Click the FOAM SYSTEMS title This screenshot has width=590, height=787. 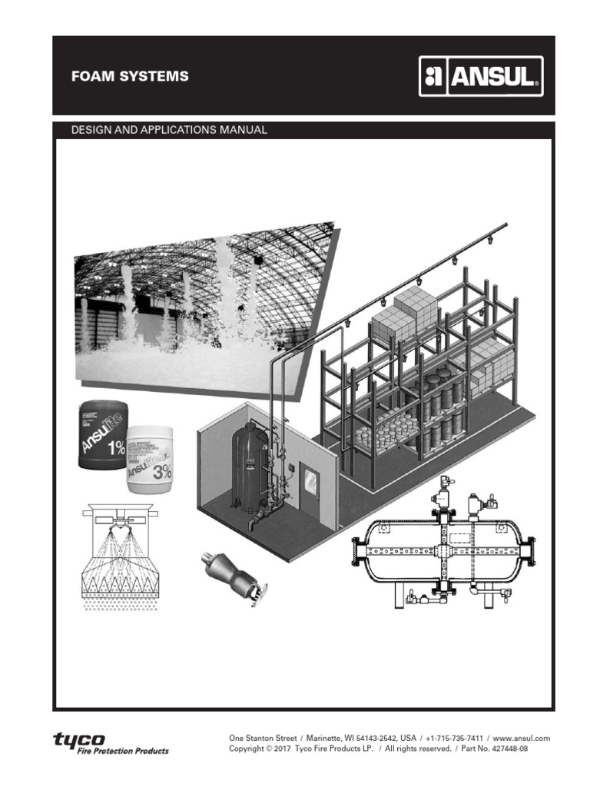[129, 77]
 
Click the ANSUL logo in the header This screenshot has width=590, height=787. [481, 76]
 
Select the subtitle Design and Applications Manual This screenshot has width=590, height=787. [169, 130]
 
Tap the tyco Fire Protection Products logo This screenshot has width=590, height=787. [110, 743]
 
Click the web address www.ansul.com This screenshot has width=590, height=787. [522, 738]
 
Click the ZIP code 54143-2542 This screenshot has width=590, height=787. [373, 738]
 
